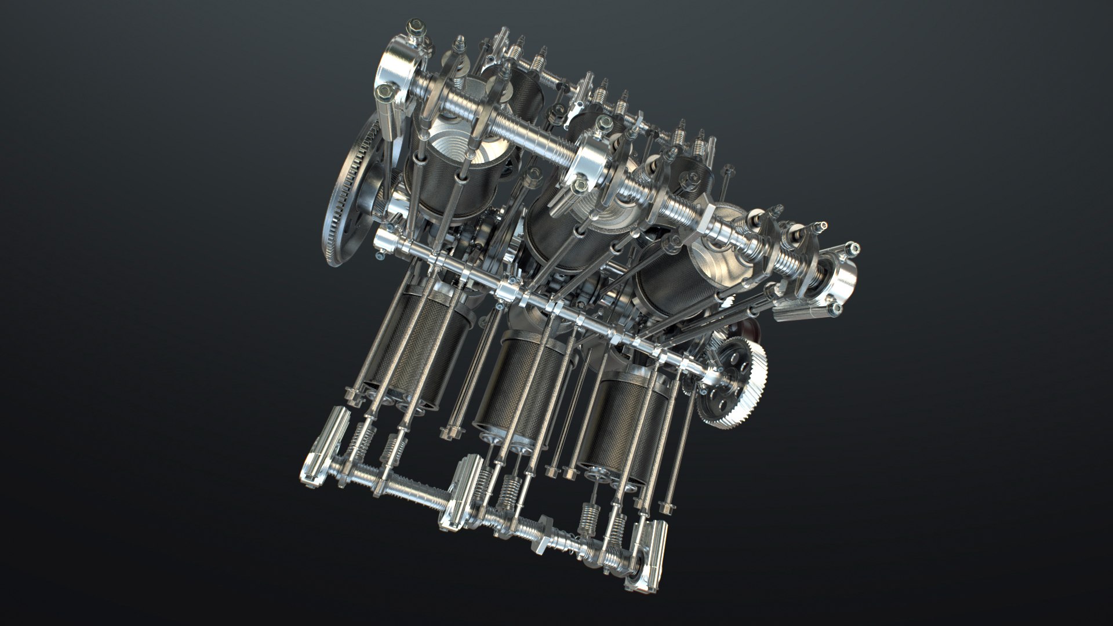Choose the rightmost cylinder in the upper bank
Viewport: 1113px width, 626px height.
672,270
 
